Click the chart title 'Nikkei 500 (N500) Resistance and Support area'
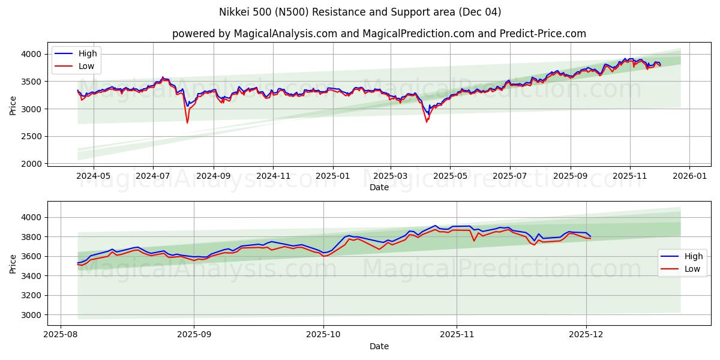(360, 12)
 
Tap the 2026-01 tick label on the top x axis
(689, 176)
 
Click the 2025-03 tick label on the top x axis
(391, 176)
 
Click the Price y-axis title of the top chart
(13, 106)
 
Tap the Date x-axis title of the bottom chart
(379, 346)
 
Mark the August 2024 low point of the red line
(187, 123)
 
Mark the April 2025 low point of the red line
(427, 122)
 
